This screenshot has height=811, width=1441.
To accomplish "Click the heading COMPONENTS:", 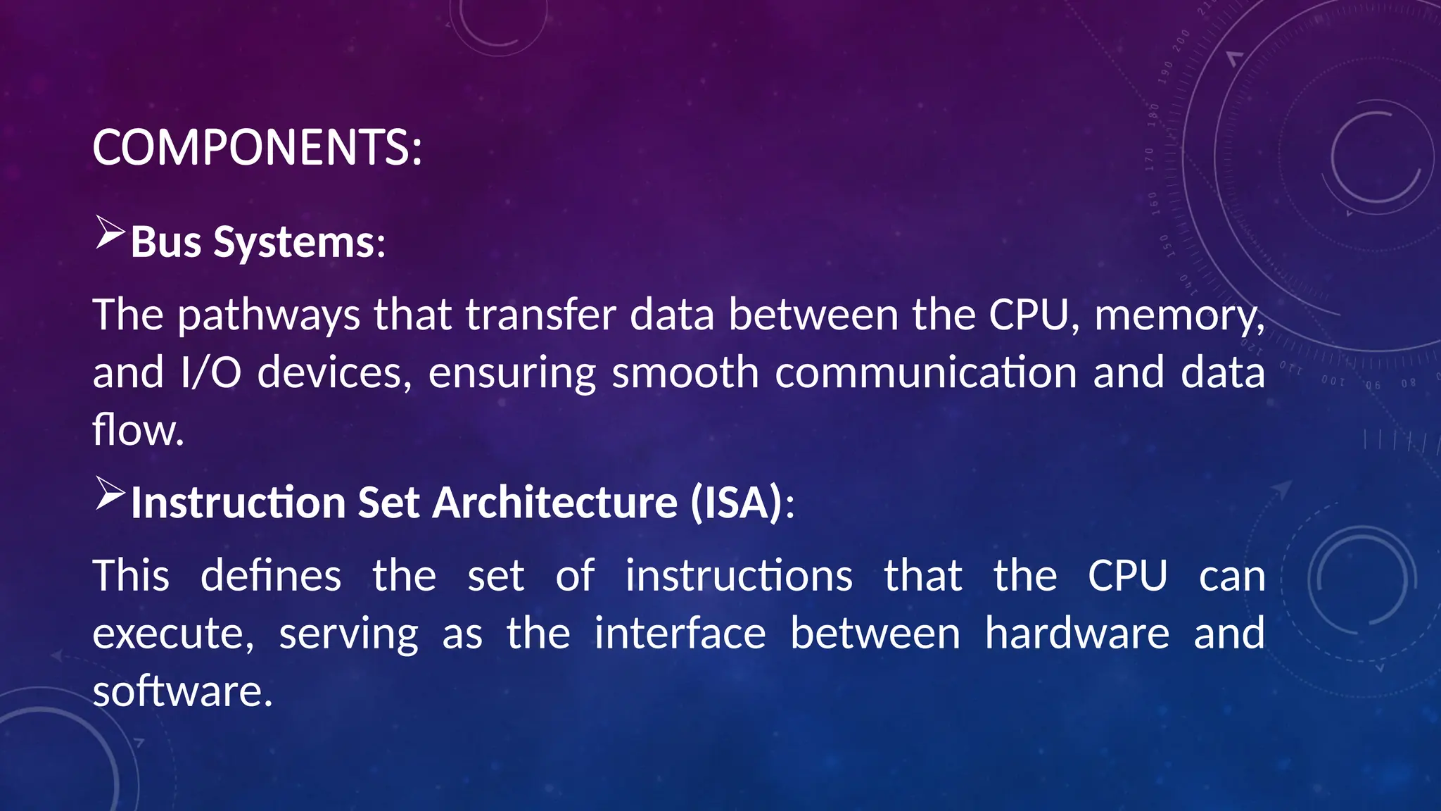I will coord(257,148).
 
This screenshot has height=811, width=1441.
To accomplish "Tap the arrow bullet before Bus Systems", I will coord(110,233).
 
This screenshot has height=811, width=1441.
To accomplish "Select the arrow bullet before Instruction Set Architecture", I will coord(110,493).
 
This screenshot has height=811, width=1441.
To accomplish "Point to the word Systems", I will coord(294,244).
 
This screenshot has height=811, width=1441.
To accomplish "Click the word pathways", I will coord(269,315).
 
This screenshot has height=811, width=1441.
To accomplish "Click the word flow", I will coord(138,430).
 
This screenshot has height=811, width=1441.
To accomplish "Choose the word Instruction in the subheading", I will coord(238,503).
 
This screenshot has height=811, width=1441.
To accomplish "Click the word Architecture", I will coord(554,503).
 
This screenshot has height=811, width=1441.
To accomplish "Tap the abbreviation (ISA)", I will coord(736,503).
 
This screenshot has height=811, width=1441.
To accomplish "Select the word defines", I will coord(271,575).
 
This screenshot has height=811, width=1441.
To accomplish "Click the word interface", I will coord(680,633).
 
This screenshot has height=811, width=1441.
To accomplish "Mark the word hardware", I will coord(1077,633).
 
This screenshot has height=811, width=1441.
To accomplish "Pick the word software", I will coord(182,691).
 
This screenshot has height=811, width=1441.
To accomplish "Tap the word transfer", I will coord(541,315).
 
